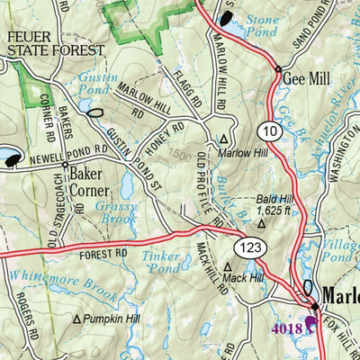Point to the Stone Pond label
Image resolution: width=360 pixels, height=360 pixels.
coord(264,22)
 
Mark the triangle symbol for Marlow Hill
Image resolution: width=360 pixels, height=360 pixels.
coord(224,139)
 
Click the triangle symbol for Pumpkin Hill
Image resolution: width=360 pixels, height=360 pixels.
coord(77,319)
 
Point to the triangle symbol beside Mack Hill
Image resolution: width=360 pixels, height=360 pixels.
coord(229,267)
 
